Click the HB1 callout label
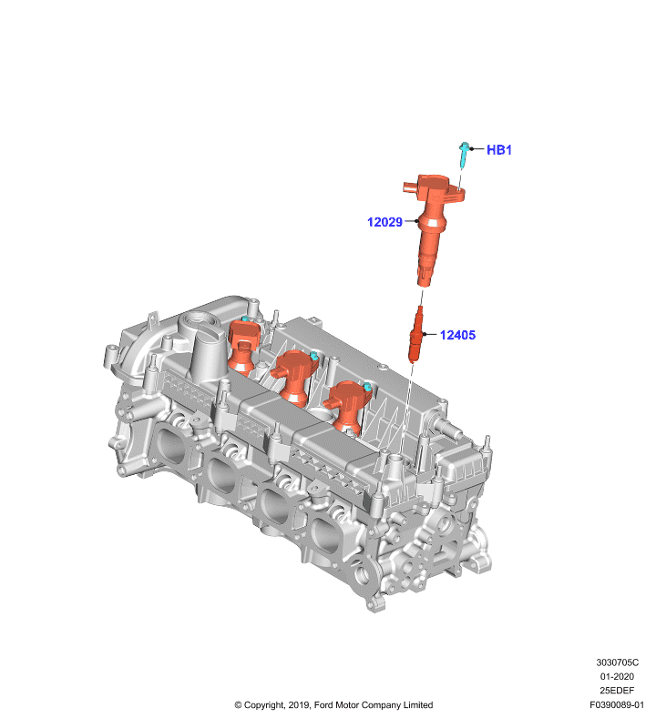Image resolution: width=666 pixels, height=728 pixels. click(x=498, y=150)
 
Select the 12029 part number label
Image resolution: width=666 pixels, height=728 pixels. click(x=384, y=222)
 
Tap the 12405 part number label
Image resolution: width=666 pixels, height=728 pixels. click(x=457, y=335)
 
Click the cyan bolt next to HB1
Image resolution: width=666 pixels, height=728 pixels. click(x=464, y=155)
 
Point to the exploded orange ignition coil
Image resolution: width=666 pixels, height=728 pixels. click(x=430, y=227)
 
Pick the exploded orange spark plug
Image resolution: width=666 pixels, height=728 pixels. click(x=415, y=334)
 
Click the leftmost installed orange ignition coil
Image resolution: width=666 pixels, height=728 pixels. click(x=243, y=346)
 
